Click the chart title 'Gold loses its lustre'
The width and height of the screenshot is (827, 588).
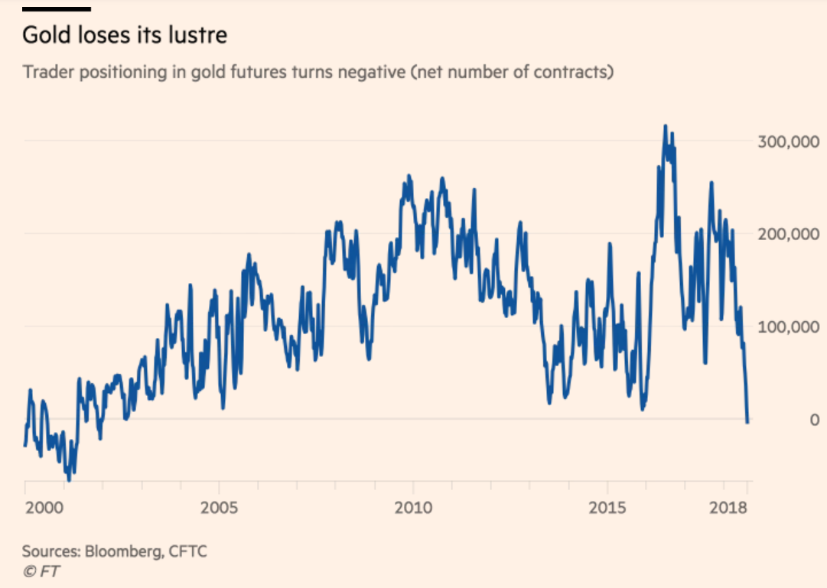[125, 36]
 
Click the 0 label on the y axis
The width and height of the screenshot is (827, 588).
[814, 420]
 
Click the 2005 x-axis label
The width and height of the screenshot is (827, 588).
[220, 508]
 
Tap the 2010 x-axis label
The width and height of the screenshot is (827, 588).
[413, 508]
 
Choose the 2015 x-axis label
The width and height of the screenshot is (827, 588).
[608, 508]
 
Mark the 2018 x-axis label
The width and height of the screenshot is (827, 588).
[729, 508]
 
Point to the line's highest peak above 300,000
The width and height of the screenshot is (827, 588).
[665, 126]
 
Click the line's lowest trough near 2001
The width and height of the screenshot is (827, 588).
[69, 480]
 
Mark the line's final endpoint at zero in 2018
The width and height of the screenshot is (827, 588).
[747, 421]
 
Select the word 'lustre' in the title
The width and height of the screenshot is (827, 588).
[201, 36]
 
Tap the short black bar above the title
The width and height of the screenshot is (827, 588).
[57, 9]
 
